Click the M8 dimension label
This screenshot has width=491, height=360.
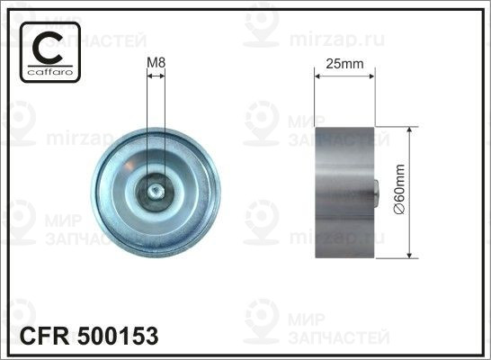156,63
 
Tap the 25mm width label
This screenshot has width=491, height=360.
344,64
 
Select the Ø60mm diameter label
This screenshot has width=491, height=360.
399,189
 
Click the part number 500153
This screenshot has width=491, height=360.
118,337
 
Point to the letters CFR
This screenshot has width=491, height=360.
44,337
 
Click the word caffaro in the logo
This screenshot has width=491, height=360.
50,72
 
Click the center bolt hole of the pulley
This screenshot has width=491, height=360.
156,191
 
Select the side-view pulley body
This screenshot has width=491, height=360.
344,193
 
